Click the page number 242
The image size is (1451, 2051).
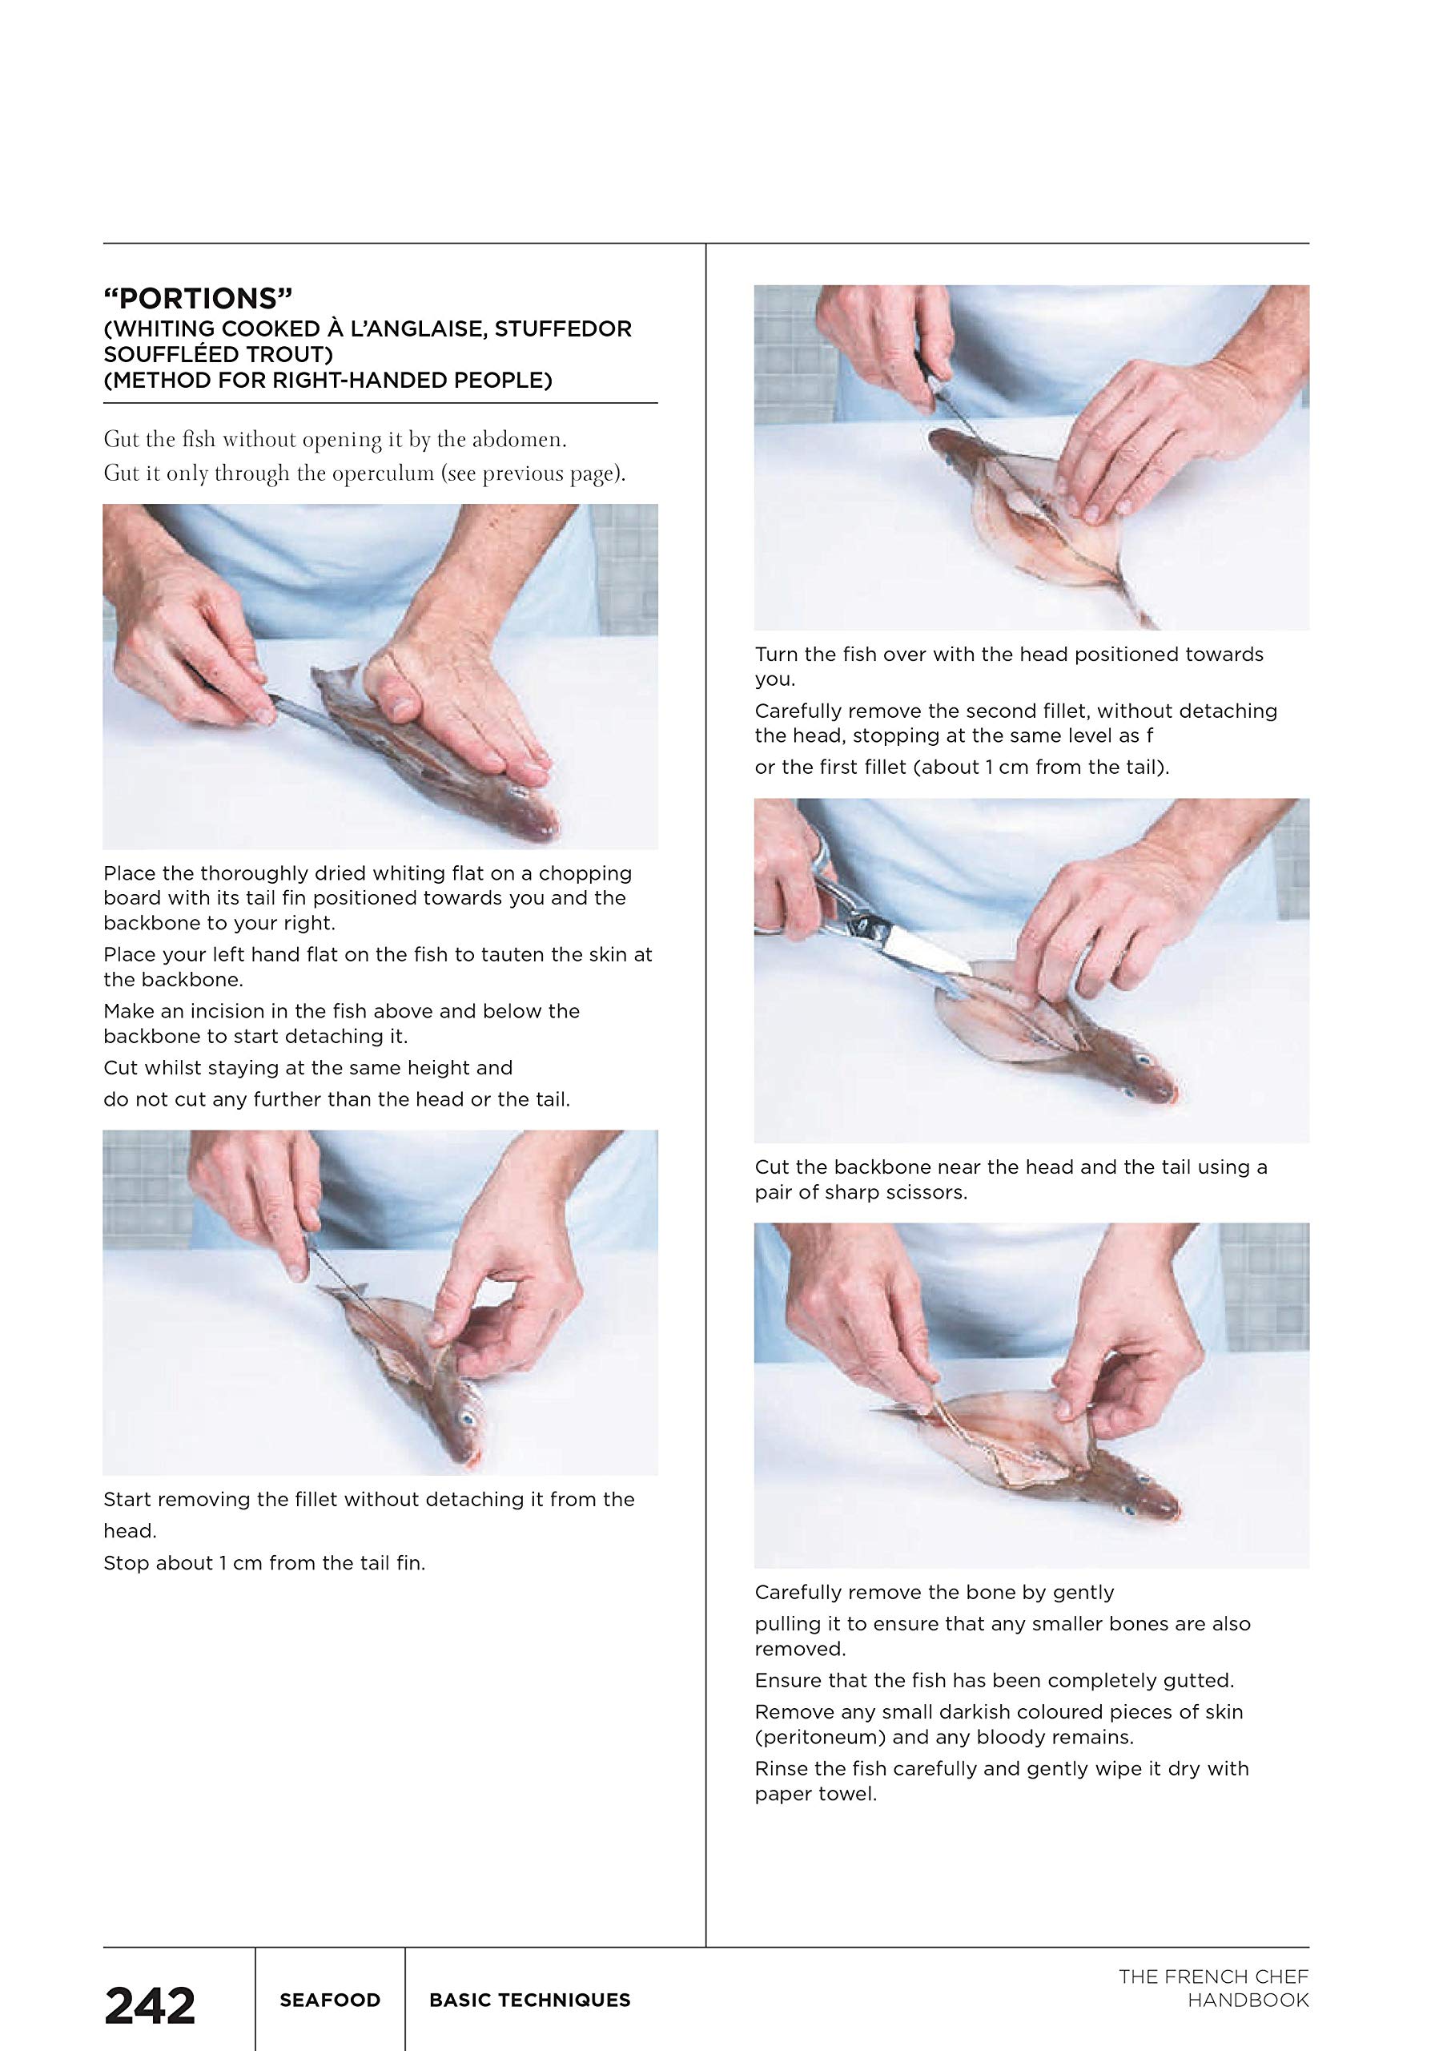pyautogui.click(x=150, y=2006)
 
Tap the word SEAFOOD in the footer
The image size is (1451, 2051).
pyautogui.click(x=330, y=2000)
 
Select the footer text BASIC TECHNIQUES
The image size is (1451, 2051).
pyautogui.click(x=530, y=2000)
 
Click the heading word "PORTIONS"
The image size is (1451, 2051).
pyautogui.click(x=199, y=299)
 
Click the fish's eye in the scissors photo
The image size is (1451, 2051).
pyautogui.click(x=1142, y=1062)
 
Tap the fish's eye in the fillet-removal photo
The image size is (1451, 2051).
pyautogui.click(x=464, y=1418)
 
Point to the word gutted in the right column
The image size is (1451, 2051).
pyautogui.click(x=1198, y=1681)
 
